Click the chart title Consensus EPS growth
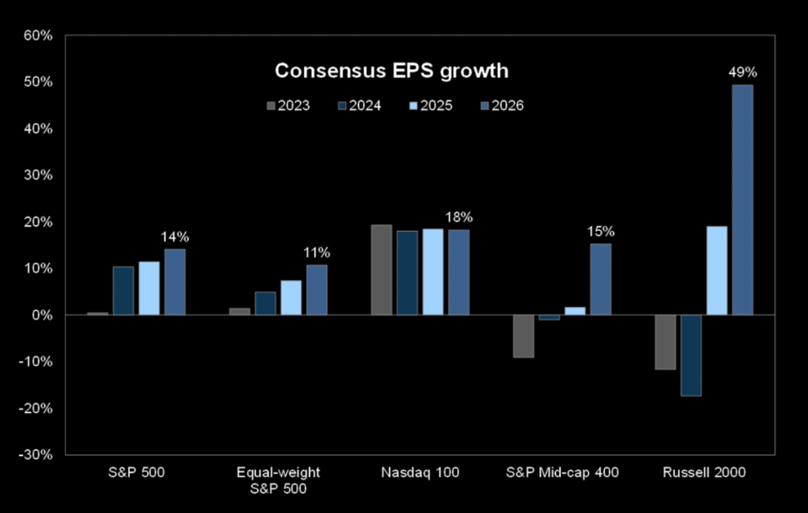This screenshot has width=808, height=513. click(391, 71)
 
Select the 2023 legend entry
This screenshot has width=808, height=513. click(288, 106)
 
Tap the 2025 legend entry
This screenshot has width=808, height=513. click(431, 106)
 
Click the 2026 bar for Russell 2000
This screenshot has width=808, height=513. click(743, 200)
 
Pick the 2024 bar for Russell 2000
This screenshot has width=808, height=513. click(692, 355)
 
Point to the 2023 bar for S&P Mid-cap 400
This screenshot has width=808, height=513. click(524, 335)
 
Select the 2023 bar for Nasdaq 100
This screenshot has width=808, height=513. click(382, 269)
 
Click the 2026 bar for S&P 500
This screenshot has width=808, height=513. click(175, 281)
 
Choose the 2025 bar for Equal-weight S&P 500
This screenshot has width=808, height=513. click(291, 297)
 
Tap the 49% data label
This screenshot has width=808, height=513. click(743, 72)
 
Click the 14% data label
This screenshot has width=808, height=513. click(175, 237)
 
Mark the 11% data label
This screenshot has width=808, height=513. click(317, 253)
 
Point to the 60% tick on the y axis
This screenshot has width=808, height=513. click(39, 36)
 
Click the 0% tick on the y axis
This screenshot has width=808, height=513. click(43, 315)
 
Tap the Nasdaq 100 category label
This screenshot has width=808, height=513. click(420, 472)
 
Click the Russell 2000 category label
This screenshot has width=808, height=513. click(704, 472)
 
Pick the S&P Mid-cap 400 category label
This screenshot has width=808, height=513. click(562, 472)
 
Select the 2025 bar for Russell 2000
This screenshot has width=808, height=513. click(717, 270)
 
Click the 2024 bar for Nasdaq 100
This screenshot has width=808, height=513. click(408, 272)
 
